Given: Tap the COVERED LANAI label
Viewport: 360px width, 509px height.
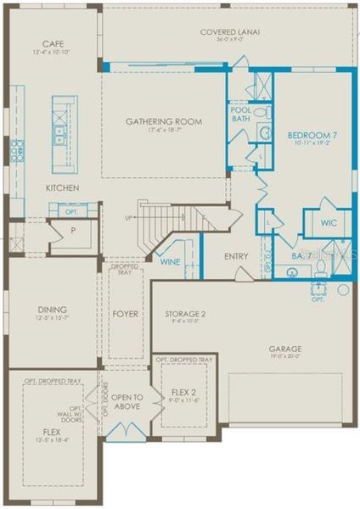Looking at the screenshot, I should (229, 32).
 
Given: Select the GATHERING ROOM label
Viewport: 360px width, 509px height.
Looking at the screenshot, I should (164, 121).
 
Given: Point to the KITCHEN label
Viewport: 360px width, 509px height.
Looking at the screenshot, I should (62, 187).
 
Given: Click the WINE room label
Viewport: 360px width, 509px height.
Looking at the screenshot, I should (171, 262).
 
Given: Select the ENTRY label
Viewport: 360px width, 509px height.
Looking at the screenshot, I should (236, 256).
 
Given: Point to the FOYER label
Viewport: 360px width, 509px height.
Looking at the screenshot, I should (125, 314).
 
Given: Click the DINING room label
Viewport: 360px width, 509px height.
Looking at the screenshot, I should (53, 310).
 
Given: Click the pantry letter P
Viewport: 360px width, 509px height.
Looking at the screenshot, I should (61, 230).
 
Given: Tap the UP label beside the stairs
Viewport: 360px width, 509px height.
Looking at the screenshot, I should (128, 218).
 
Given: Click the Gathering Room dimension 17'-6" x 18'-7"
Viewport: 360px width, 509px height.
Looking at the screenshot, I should (164, 131).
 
